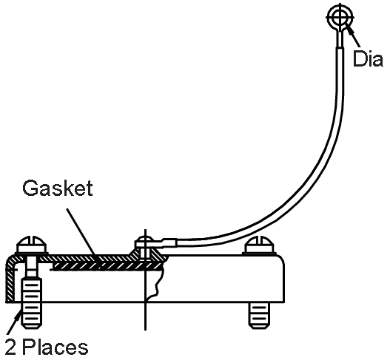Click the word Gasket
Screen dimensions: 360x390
point(56,189)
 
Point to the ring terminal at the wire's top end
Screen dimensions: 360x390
point(339,16)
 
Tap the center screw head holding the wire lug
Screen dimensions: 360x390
point(146,242)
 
